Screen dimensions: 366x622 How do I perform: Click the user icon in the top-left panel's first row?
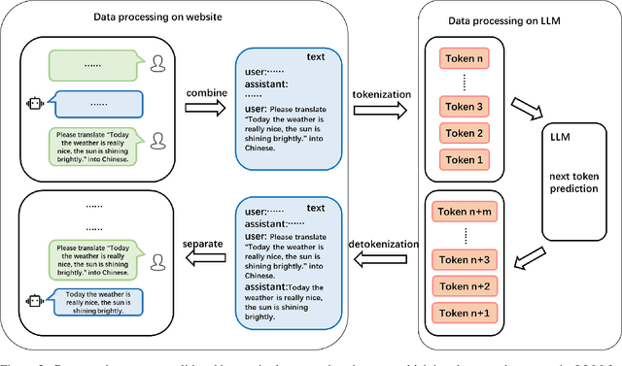click(x=157, y=63)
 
